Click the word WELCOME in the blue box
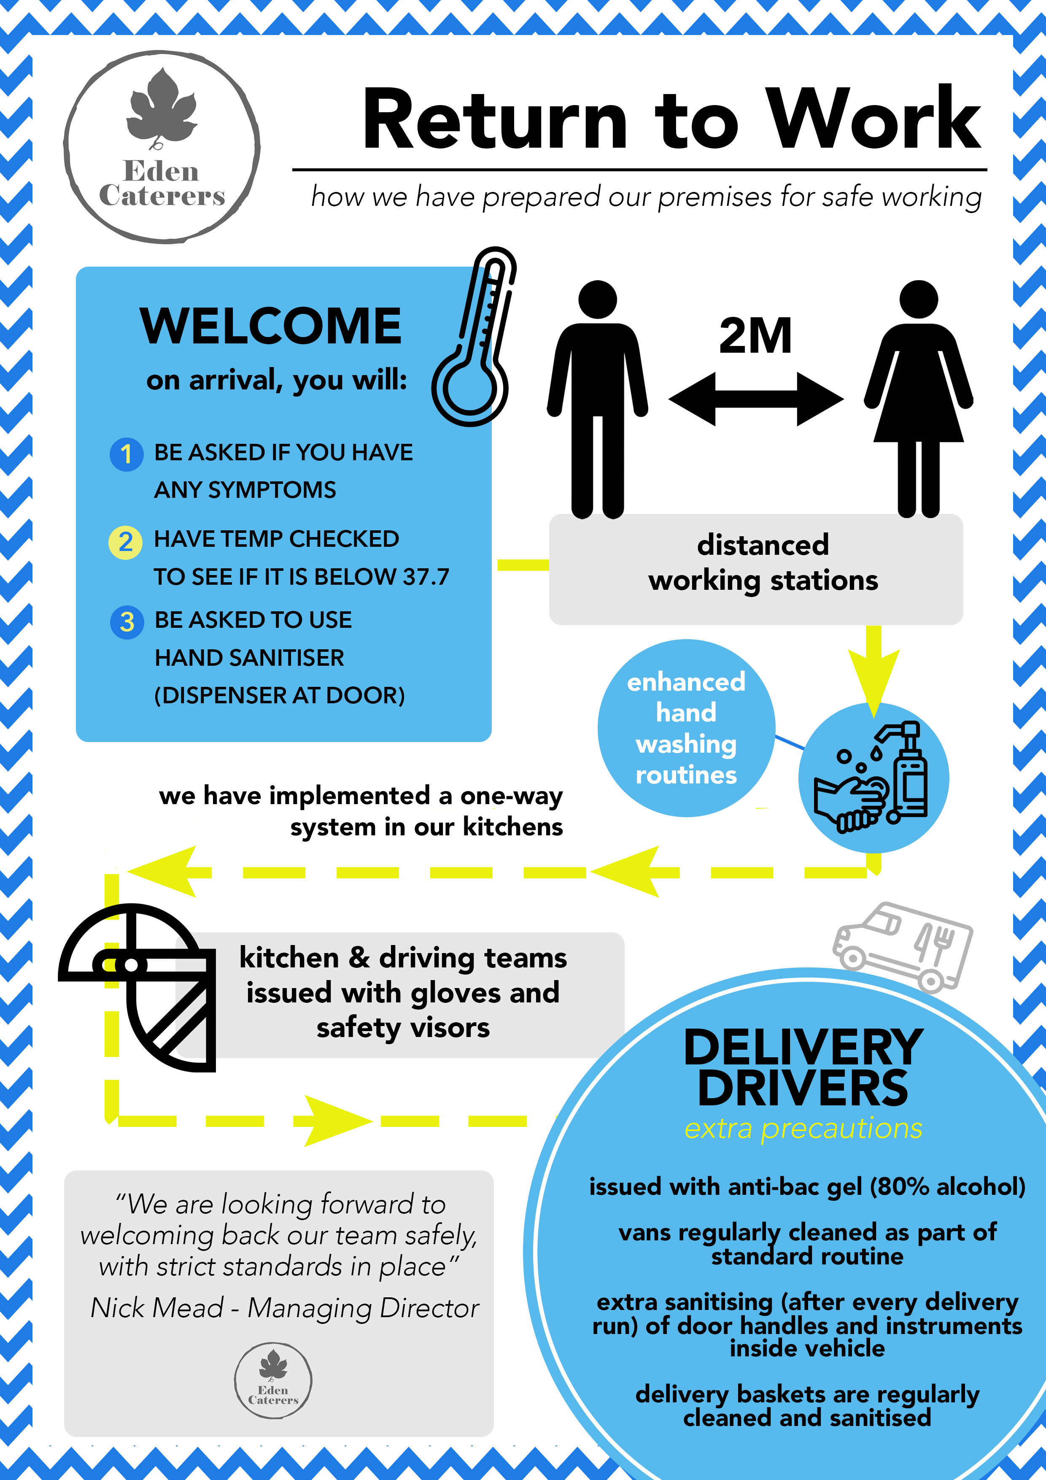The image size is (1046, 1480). [271, 326]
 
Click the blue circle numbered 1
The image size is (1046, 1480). [126, 454]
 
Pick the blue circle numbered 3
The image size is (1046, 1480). [127, 622]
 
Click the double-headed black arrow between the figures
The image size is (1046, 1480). [756, 399]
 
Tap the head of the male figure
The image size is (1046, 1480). [597, 300]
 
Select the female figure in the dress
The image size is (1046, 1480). [918, 400]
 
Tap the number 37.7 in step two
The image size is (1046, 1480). [426, 577]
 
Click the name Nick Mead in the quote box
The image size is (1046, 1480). [156, 1308]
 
